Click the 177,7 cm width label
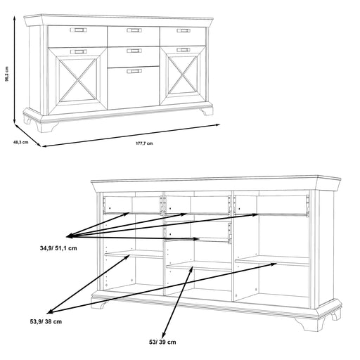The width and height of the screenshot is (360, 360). coord(144,143)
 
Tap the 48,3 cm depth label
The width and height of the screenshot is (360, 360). coord(20,142)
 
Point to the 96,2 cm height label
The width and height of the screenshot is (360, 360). coord(7,74)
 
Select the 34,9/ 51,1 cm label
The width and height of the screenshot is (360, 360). coord(58,248)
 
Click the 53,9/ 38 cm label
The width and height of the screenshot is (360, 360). coord(46,321)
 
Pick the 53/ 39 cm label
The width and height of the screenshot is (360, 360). coord(162,342)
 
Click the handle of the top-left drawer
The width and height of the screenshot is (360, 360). coord(79,30)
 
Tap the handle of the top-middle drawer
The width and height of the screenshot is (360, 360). coord(134,30)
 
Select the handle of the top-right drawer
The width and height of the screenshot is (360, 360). coord(184,30)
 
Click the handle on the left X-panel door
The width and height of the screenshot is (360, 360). coord(79,51)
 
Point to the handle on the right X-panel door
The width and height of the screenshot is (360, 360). coord(183,50)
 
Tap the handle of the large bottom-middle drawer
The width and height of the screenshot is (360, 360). coord(134,71)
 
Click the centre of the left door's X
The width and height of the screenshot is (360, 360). coord(78,79)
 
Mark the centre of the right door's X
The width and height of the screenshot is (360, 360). coord(183,75)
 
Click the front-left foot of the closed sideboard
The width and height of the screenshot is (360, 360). coord(46,127)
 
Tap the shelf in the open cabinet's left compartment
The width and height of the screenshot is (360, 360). coord(134,255)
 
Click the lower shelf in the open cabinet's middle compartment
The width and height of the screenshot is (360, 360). coord(199,266)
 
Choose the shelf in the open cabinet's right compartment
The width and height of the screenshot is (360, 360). coord(272,261)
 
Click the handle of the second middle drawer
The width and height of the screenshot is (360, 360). coord(134,51)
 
